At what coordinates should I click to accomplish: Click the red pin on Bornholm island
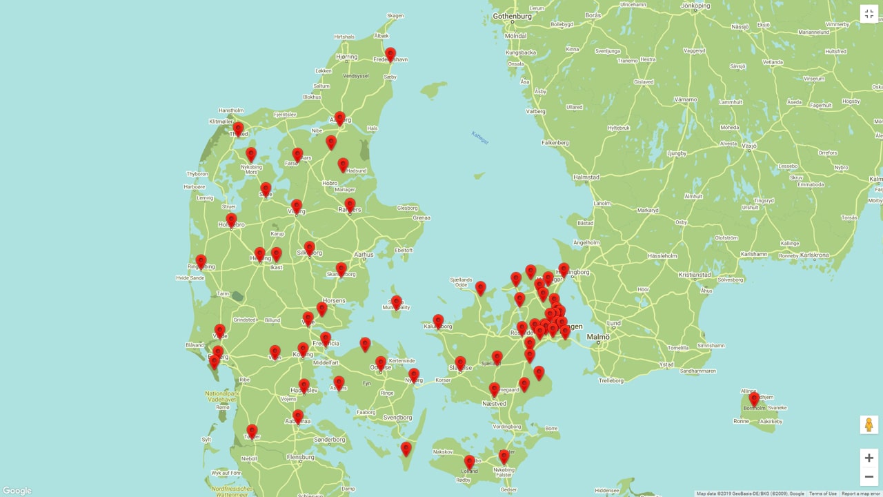(754, 398)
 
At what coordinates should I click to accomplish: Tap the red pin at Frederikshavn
(390, 54)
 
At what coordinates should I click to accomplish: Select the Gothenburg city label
(513, 16)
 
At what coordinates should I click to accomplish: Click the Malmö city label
(598, 337)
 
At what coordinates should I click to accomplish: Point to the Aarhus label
(364, 255)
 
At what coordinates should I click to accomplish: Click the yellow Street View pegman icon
(869, 425)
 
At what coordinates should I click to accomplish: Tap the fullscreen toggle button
(869, 14)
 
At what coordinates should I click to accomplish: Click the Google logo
(17, 491)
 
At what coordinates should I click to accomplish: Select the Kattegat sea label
(480, 137)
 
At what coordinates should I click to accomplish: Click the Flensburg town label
(300, 457)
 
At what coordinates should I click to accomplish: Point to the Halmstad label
(586, 177)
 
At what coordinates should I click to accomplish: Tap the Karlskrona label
(813, 255)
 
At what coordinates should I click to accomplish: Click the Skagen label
(395, 15)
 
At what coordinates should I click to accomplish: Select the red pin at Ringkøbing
(201, 261)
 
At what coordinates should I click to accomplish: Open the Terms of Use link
(822, 494)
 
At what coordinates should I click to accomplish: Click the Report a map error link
(860, 494)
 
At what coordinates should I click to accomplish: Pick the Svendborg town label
(397, 418)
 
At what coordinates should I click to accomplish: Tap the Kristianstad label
(695, 275)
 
